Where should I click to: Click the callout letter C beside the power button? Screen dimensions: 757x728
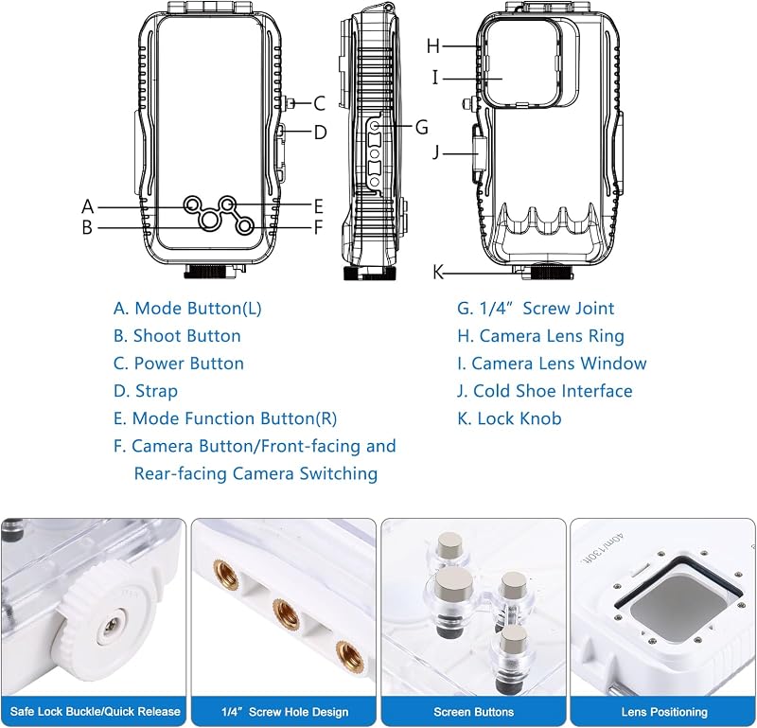pos(319,103)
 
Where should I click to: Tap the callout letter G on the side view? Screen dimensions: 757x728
pos(422,128)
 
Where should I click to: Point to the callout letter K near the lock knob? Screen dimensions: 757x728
pos(438,273)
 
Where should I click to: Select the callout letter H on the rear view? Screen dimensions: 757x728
pos(433,46)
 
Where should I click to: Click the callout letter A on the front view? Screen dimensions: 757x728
pos(87,206)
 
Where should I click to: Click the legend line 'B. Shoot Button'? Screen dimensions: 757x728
pos(177,336)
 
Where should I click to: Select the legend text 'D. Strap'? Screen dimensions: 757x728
pos(146,391)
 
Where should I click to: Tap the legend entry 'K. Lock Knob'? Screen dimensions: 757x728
pos(509,418)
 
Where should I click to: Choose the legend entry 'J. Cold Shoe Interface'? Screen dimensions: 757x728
pos(545,391)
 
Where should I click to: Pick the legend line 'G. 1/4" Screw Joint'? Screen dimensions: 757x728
pos(536,309)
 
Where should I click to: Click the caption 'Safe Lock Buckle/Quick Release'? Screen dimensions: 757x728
pos(96,712)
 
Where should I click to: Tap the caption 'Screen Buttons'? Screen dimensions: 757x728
pos(474,712)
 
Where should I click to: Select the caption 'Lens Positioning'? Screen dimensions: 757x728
pos(664,712)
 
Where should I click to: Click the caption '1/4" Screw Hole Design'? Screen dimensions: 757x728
pos(285,712)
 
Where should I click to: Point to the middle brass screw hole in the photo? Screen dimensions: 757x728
pos(286,614)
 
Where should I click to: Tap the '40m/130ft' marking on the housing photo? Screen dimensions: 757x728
pos(603,548)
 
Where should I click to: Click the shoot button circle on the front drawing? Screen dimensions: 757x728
pos(209,221)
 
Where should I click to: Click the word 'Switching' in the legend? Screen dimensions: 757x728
pos(339,473)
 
